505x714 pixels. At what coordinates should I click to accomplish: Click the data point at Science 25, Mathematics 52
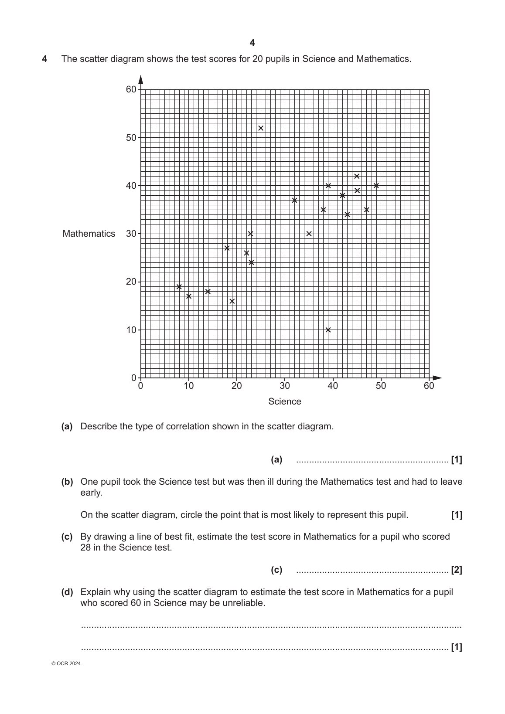point(261,128)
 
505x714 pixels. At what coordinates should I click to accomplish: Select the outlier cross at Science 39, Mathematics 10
point(328,330)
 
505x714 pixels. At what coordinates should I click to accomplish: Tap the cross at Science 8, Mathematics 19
point(179,287)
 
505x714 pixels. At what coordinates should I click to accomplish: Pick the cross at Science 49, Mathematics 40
point(376,186)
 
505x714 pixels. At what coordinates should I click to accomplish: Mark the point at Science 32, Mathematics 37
point(294,200)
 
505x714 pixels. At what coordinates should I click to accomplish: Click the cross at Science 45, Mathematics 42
point(357,176)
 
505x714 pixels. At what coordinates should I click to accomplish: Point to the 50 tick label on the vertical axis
point(131,138)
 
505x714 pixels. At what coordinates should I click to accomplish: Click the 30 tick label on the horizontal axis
point(285,386)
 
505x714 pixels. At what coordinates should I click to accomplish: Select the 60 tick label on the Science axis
point(429,386)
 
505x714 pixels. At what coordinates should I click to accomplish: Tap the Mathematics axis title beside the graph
point(89,234)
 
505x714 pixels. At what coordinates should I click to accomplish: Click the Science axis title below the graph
point(284,401)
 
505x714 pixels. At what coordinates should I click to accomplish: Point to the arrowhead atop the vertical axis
point(140,79)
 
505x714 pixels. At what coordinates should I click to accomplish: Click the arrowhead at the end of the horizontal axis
point(437,377)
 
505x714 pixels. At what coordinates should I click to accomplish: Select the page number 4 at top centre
point(252,43)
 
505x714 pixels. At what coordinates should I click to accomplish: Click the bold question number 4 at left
point(44,59)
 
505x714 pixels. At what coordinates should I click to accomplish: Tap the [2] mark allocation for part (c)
point(457,570)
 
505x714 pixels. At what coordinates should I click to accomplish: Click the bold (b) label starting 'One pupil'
point(67,482)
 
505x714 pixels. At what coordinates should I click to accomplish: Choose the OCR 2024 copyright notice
point(66,663)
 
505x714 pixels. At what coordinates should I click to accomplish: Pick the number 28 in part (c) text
point(85,547)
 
